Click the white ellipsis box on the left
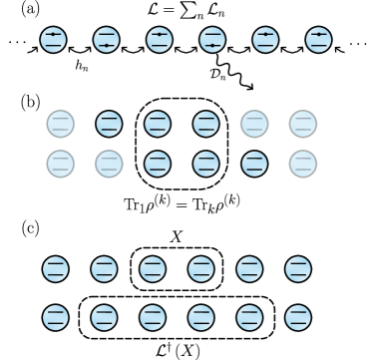point(14,42)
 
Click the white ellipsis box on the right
point(358,43)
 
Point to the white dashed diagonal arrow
point(233,71)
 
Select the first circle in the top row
point(53,40)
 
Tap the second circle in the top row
point(106,40)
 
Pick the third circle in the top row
point(159,40)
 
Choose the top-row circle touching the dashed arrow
point(212,40)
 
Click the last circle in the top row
point(318,40)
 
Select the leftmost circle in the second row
point(60,124)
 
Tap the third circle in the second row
point(158,124)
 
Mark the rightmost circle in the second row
point(303,124)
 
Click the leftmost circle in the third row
point(60,163)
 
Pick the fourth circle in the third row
point(205,163)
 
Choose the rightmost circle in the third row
point(303,163)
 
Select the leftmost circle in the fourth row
point(56,269)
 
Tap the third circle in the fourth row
point(153,269)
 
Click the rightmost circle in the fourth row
point(298,269)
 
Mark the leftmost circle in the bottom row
point(56,317)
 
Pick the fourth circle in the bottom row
point(200,317)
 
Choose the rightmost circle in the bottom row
point(298,317)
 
